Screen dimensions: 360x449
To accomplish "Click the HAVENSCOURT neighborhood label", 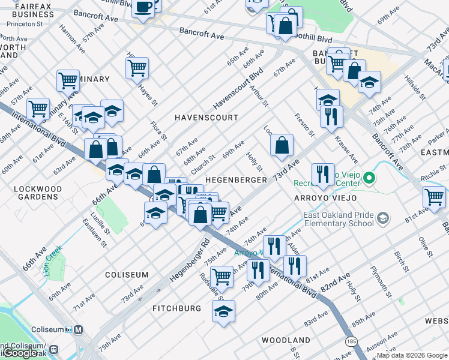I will pos(206,118).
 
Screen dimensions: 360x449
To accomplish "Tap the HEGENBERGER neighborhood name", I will pos(236,180).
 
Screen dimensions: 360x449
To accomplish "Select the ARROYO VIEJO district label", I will pos(325,198).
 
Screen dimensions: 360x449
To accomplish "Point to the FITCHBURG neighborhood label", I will pos(176,308).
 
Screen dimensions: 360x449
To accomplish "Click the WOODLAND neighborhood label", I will pos(286,340).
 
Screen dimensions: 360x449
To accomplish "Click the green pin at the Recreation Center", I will pos(370,178).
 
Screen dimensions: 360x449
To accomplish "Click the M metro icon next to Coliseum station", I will pos(79,329).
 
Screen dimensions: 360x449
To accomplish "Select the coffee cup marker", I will pos(143,8).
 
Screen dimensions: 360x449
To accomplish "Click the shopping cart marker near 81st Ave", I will pos(434,196).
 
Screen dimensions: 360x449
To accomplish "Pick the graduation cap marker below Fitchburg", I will pos(224,311).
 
